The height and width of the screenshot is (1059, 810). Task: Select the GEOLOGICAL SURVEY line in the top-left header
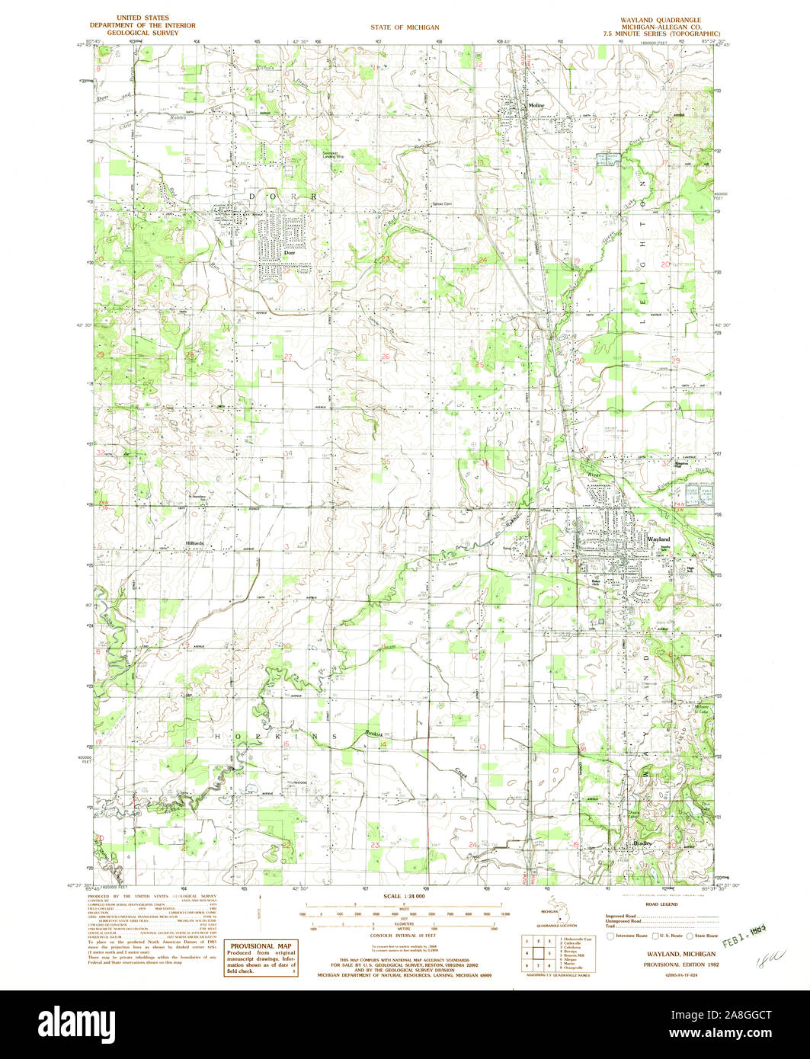coord(142,34)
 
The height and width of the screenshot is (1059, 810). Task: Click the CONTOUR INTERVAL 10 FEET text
coord(405,934)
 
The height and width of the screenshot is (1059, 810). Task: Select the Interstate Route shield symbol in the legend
coord(609,935)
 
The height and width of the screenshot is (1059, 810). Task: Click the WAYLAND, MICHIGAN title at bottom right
coord(661,954)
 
